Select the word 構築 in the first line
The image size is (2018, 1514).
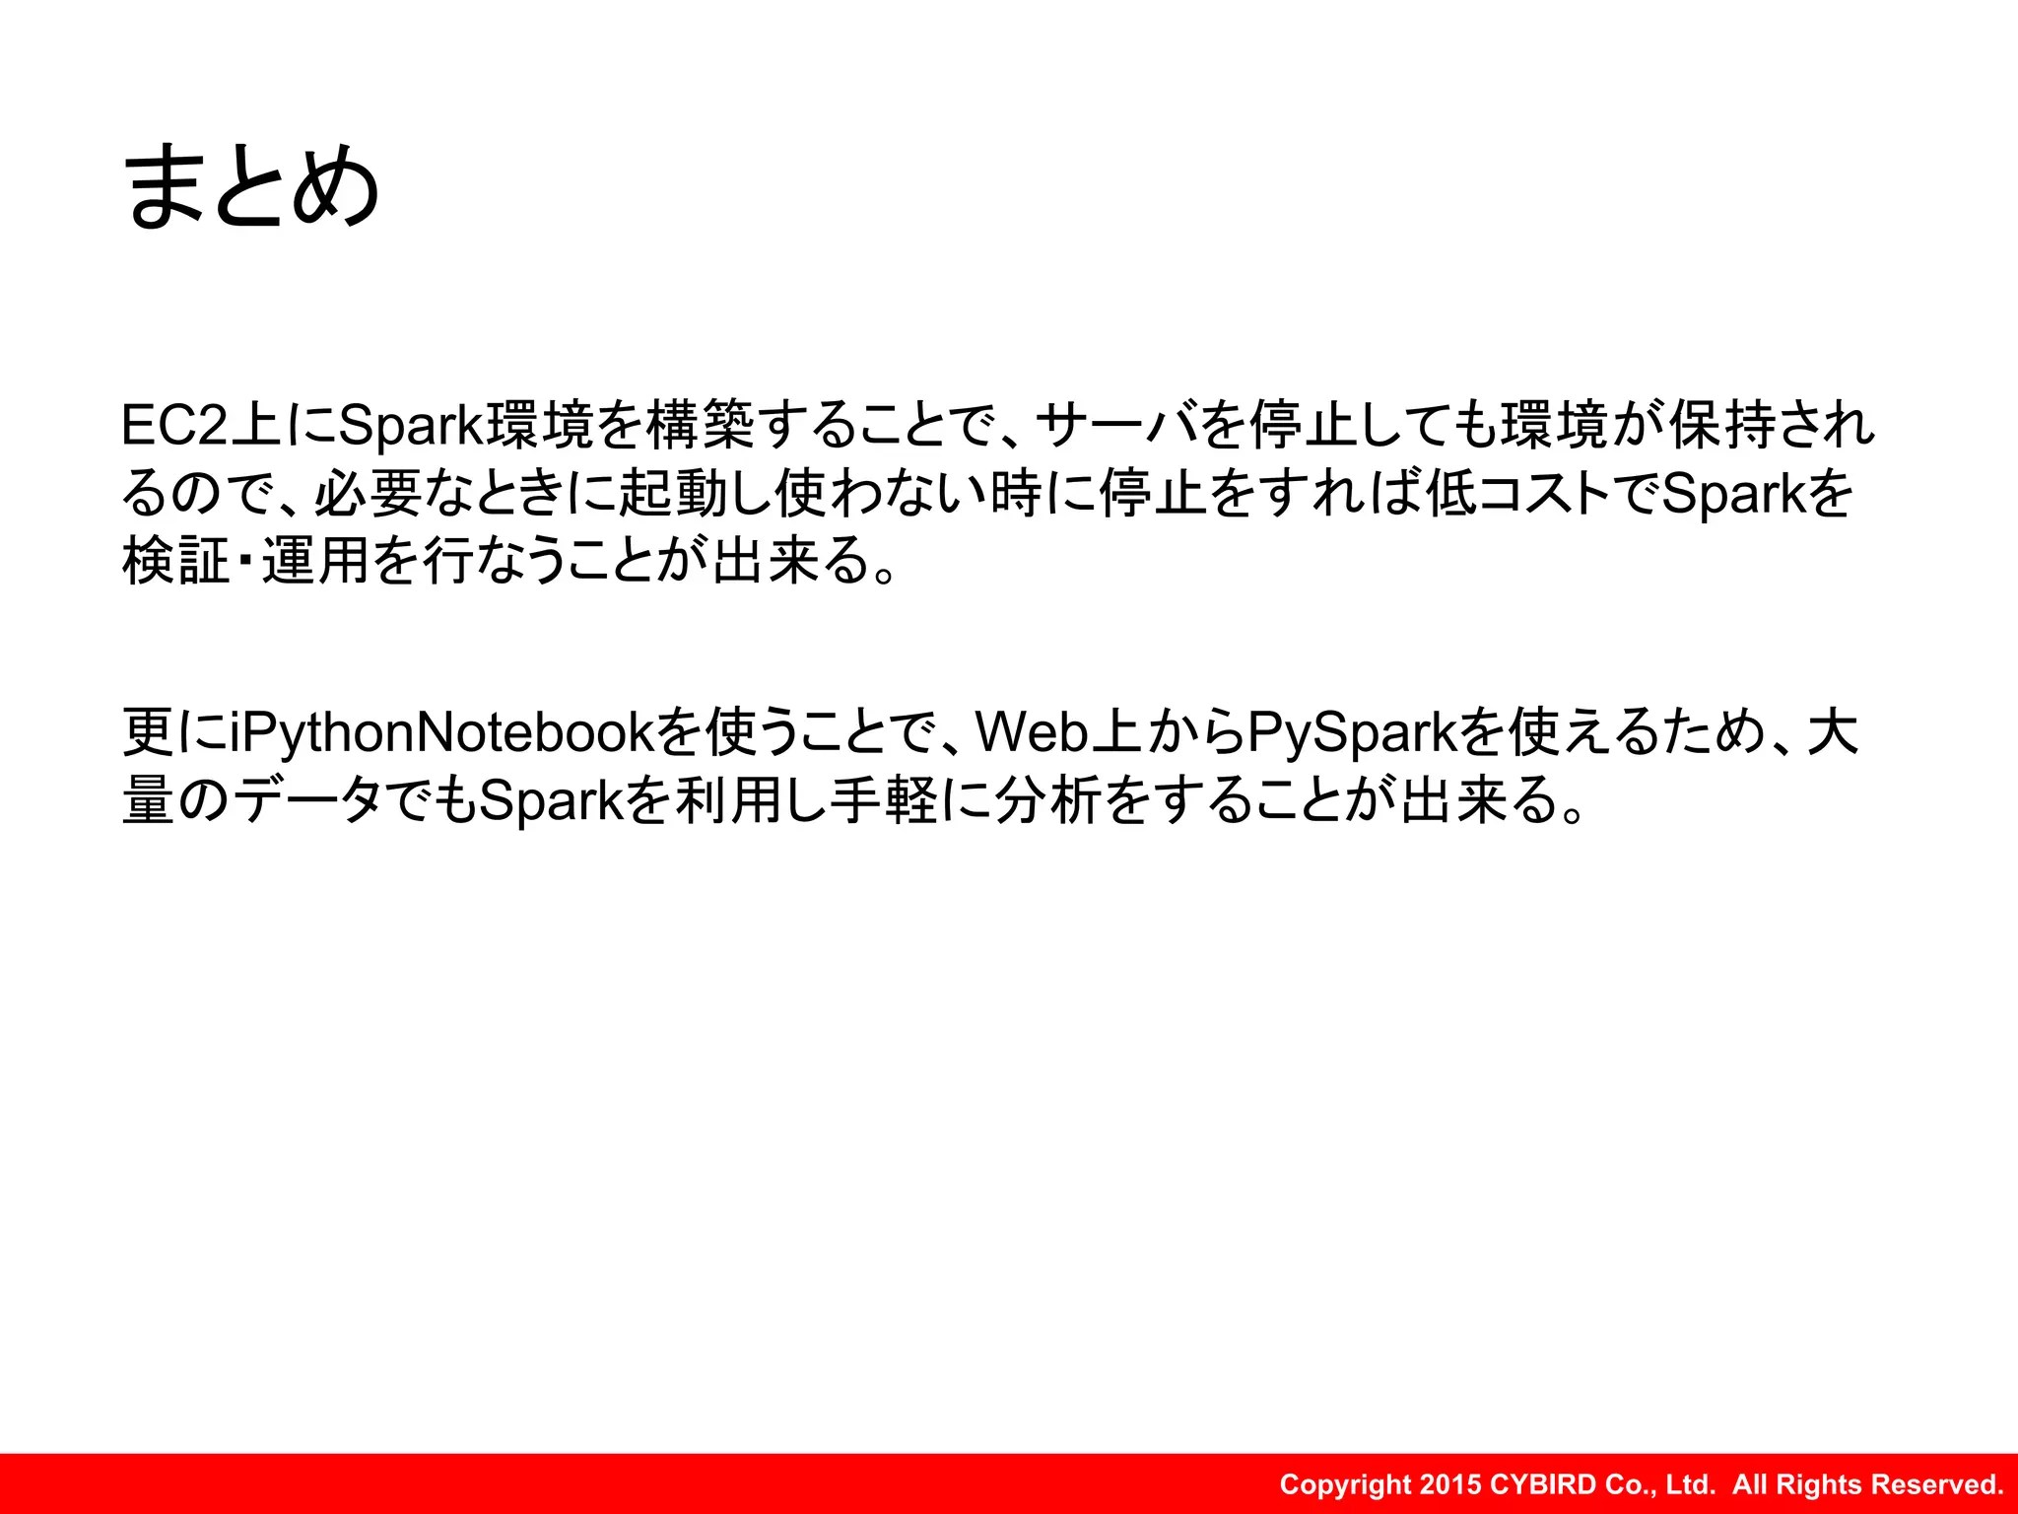point(701,426)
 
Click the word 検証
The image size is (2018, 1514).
point(175,562)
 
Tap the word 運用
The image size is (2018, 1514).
point(315,562)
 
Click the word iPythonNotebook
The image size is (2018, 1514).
point(441,732)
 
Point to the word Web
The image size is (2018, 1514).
point(1031,732)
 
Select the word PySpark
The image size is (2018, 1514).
point(1351,732)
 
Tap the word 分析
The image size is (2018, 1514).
point(1048,800)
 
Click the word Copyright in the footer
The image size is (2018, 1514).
point(1345,1484)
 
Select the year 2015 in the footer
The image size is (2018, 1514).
point(1451,1484)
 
